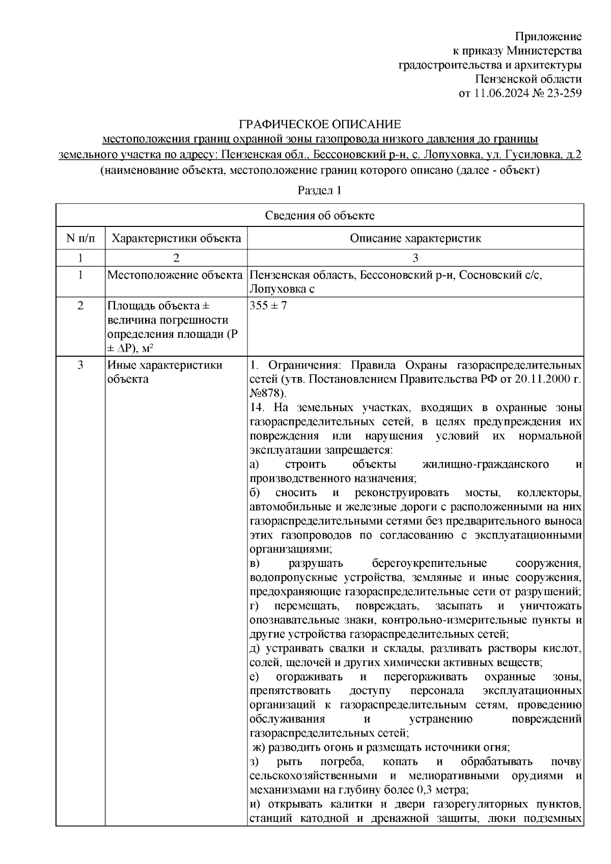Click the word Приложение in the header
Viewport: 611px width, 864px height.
pyautogui.click(x=548, y=36)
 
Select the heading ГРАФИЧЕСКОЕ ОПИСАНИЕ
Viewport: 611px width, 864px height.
pyautogui.click(x=320, y=124)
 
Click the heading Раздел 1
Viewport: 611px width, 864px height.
pyautogui.click(x=319, y=191)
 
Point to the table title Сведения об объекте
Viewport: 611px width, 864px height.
pyautogui.click(x=320, y=215)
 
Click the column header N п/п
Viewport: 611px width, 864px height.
pyautogui.click(x=80, y=238)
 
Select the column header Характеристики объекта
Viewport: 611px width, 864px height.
pyautogui.click(x=176, y=238)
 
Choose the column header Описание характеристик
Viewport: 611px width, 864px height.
pyautogui.click(x=415, y=238)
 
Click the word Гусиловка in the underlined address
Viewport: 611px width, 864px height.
pyautogui.click(x=532, y=154)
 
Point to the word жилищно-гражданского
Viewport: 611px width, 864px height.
pyautogui.click(x=486, y=465)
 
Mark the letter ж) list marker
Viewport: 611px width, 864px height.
pyautogui.click(x=259, y=747)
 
